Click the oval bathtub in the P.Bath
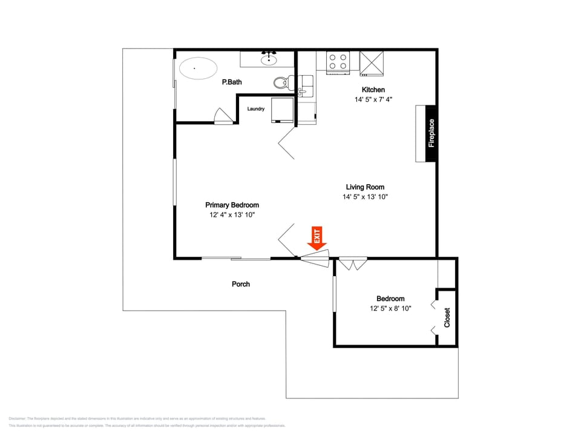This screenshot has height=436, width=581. pos(195,68)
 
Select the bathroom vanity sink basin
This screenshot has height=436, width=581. pos(268,59)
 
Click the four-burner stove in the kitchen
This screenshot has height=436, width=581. pos(338,62)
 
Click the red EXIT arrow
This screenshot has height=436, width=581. pos(317,238)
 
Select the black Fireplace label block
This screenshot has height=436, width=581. pos(431,133)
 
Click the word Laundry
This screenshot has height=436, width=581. pos(256,109)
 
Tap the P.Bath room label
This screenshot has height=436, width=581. pos(232,82)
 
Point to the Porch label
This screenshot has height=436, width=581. pos(241,284)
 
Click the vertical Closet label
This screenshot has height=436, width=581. pos(447,318)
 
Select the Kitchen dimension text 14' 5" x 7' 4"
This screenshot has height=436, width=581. pos(373,99)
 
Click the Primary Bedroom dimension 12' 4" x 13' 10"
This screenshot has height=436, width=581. pos(232,215)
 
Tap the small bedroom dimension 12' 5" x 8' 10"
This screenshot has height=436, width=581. pos(390,308)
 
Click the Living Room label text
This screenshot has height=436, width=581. pos(365,187)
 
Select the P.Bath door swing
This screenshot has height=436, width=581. pos(222,116)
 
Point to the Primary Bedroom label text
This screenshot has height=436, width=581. pos(232,205)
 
